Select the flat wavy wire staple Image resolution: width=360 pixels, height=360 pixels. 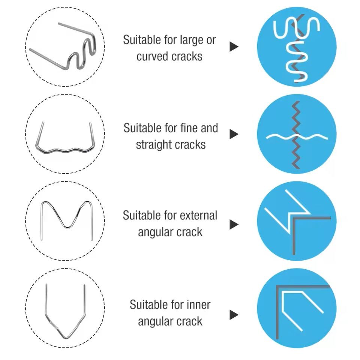click(65, 150)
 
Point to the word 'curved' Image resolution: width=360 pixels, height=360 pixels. click(152, 57)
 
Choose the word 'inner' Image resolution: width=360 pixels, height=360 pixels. click(199, 304)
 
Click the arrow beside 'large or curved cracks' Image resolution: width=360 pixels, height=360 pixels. click(234, 47)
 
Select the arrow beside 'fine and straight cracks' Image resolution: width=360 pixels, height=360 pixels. click(234, 134)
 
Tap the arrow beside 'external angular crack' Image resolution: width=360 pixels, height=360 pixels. click(234, 224)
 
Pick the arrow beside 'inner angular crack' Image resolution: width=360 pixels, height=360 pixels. click(234, 315)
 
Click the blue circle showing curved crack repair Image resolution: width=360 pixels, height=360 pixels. click(297, 47)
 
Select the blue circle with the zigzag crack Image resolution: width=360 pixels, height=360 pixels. click(297, 134)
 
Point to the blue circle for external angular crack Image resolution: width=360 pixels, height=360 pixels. click(297, 221)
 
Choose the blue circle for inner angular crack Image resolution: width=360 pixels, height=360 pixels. click(297, 308)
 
